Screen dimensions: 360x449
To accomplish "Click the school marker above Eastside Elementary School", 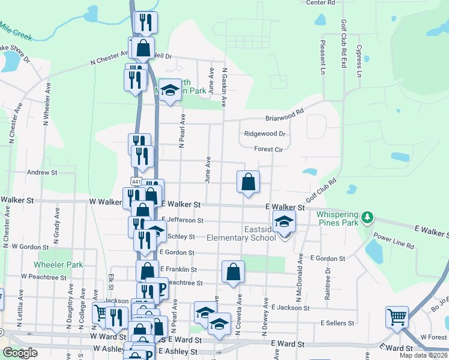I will (x=284, y=222).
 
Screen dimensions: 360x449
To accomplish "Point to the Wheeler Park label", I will (x=58, y=265).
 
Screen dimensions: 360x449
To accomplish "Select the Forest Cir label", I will (x=268, y=149).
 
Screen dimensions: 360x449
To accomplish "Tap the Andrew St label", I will (x=41, y=172).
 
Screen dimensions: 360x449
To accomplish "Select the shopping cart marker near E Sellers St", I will (x=397, y=316).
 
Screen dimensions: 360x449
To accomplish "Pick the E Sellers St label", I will (x=338, y=323).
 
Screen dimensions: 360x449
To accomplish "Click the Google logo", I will (x=20, y=352).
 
